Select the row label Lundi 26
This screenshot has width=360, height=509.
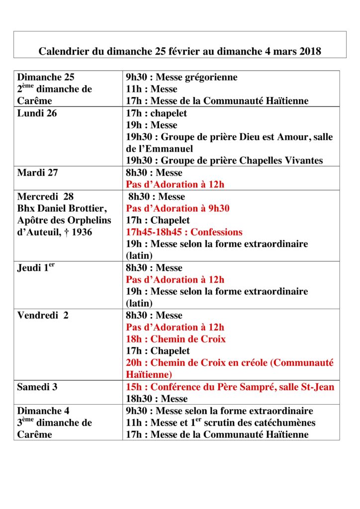click(37, 113)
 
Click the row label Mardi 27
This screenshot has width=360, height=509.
click(38, 173)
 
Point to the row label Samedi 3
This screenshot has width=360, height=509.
click(37, 387)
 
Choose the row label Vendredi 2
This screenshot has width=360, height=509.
click(43, 316)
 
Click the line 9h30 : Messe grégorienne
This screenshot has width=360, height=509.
click(181, 78)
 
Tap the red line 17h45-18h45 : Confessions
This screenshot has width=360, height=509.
click(184, 232)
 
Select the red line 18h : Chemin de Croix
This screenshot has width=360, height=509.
click(176, 339)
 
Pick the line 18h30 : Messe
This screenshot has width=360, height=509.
click(157, 399)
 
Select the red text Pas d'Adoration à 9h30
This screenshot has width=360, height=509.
click(178, 208)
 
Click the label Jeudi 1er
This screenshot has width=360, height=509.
click(35, 268)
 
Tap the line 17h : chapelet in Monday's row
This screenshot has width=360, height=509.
click(156, 113)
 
